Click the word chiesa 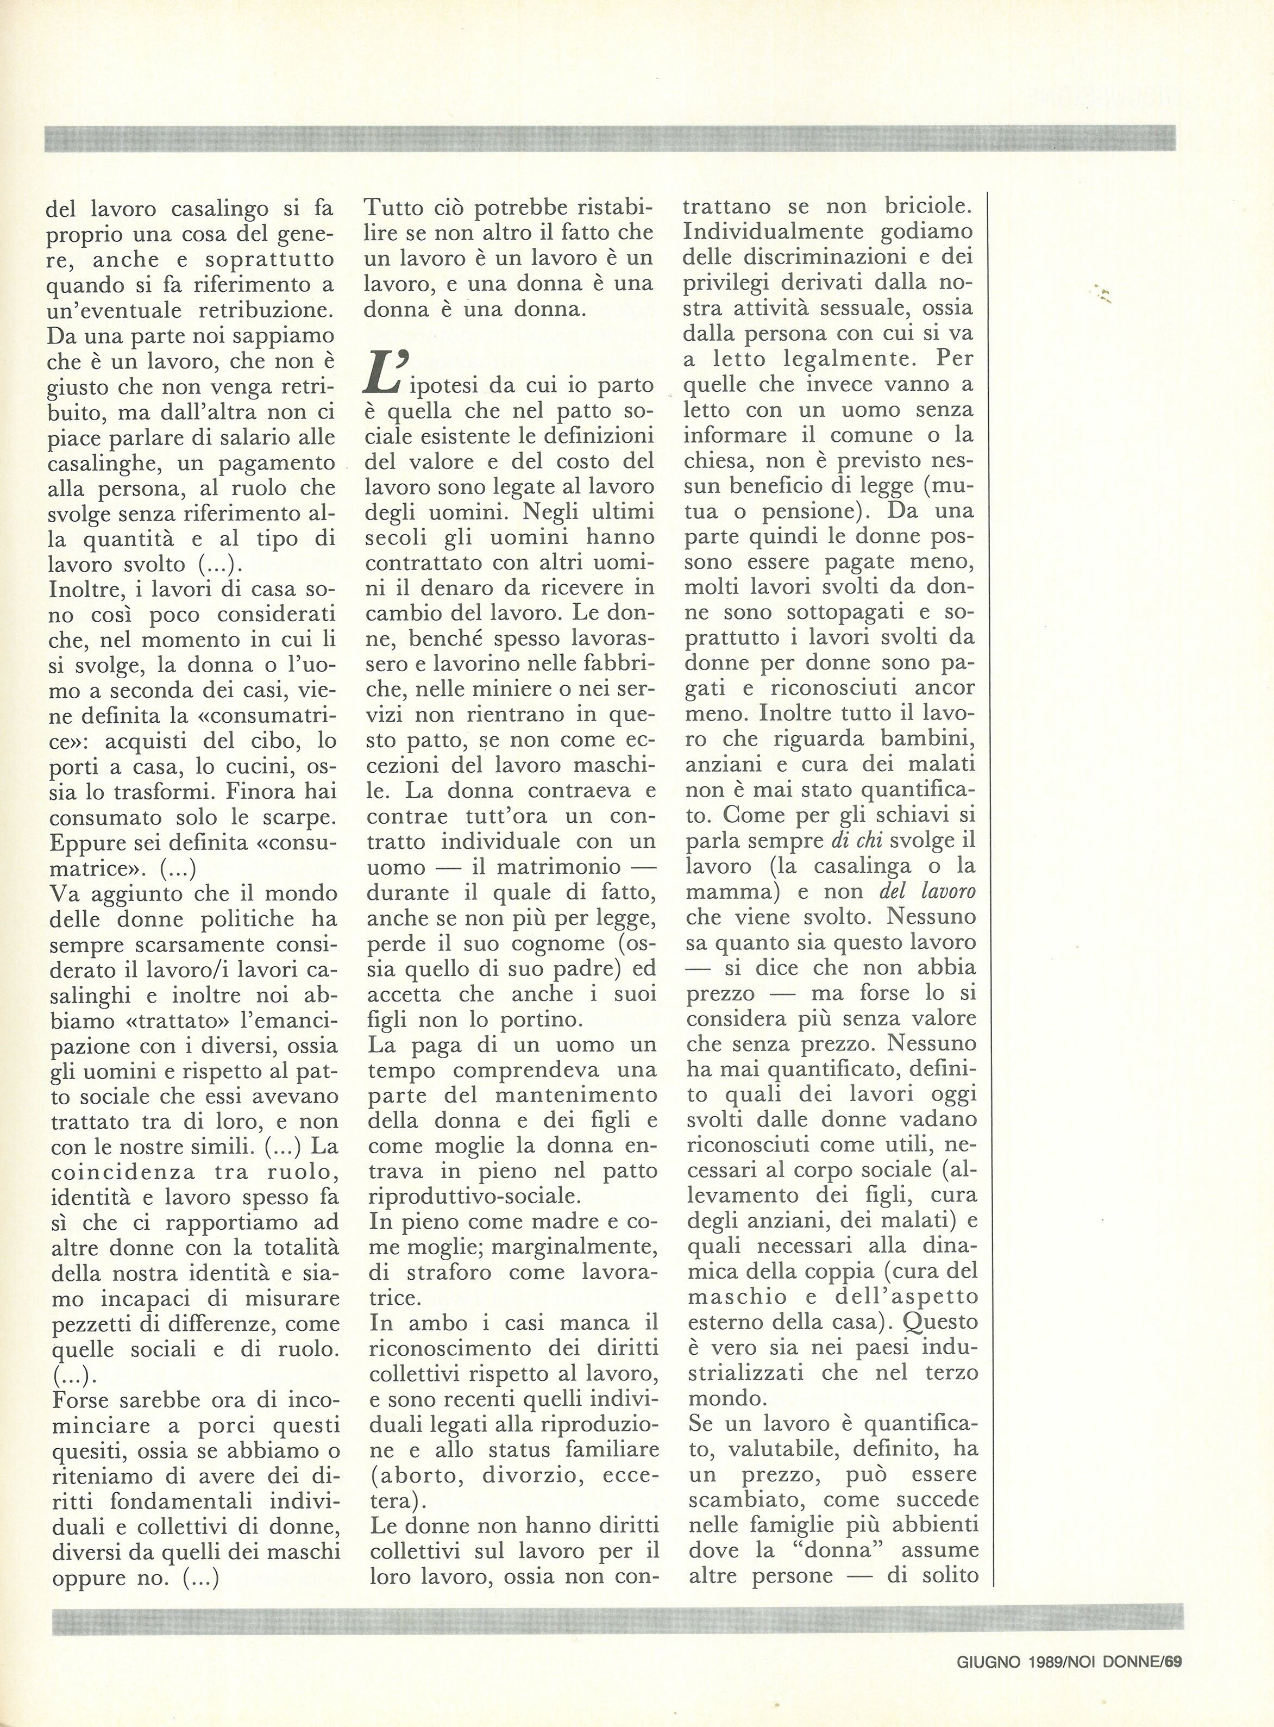(719, 460)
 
